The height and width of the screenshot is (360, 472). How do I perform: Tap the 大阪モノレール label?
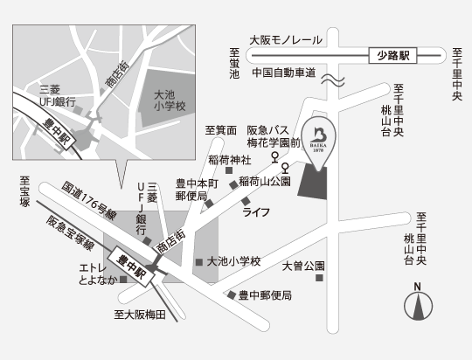[x=285, y=40]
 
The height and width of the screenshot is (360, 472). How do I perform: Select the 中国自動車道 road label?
[x=283, y=73]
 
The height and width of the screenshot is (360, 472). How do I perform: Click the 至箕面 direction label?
[x=221, y=130]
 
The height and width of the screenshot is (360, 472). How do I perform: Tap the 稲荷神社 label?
[x=230, y=160]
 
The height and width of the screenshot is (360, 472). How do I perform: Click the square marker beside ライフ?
[x=245, y=201]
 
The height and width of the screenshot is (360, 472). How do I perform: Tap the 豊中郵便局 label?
[x=265, y=296]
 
